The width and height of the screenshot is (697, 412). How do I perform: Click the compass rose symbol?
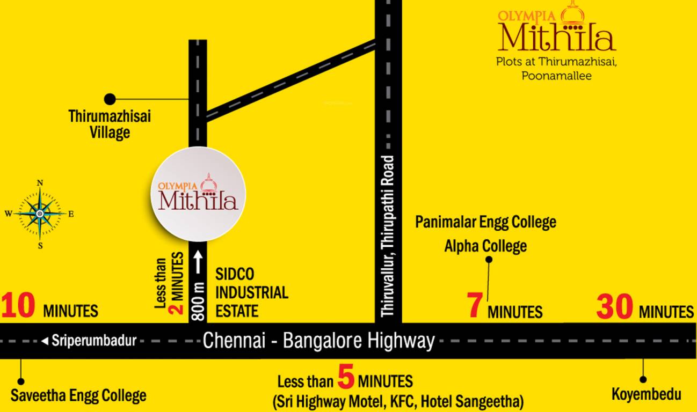[x=40, y=214]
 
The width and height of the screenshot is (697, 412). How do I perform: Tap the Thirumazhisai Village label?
[x=110, y=124]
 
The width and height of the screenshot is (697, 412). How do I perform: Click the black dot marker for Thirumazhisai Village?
[x=110, y=99]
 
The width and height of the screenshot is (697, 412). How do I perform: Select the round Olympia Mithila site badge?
[x=198, y=194]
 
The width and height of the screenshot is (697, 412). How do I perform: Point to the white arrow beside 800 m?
[x=198, y=263]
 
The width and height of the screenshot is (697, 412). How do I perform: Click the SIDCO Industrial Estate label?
[x=251, y=293]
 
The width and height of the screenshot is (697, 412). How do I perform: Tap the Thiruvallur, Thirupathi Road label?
[x=388, y=236]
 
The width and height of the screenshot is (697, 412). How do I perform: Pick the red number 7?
[x=474, y=307]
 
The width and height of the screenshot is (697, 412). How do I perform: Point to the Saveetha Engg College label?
[x=78, y=396]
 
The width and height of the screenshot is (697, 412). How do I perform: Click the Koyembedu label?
[x=647, y=395]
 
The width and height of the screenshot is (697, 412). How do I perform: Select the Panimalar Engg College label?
[x=485, y=222]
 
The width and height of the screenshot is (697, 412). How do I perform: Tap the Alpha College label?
[x=485, y=246]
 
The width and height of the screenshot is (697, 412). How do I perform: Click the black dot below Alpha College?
[x=489, y=260]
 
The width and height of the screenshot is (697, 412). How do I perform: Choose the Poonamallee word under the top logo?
[x=556, y=76]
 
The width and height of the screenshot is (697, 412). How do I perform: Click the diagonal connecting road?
[x=290, y=80]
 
